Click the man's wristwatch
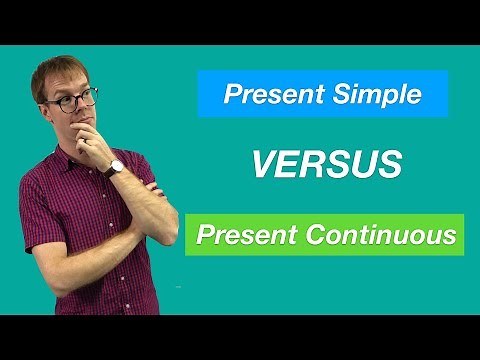click(x=116, y=167)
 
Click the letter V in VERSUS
click(x=261, y=165)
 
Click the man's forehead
click(x=68, y=83)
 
